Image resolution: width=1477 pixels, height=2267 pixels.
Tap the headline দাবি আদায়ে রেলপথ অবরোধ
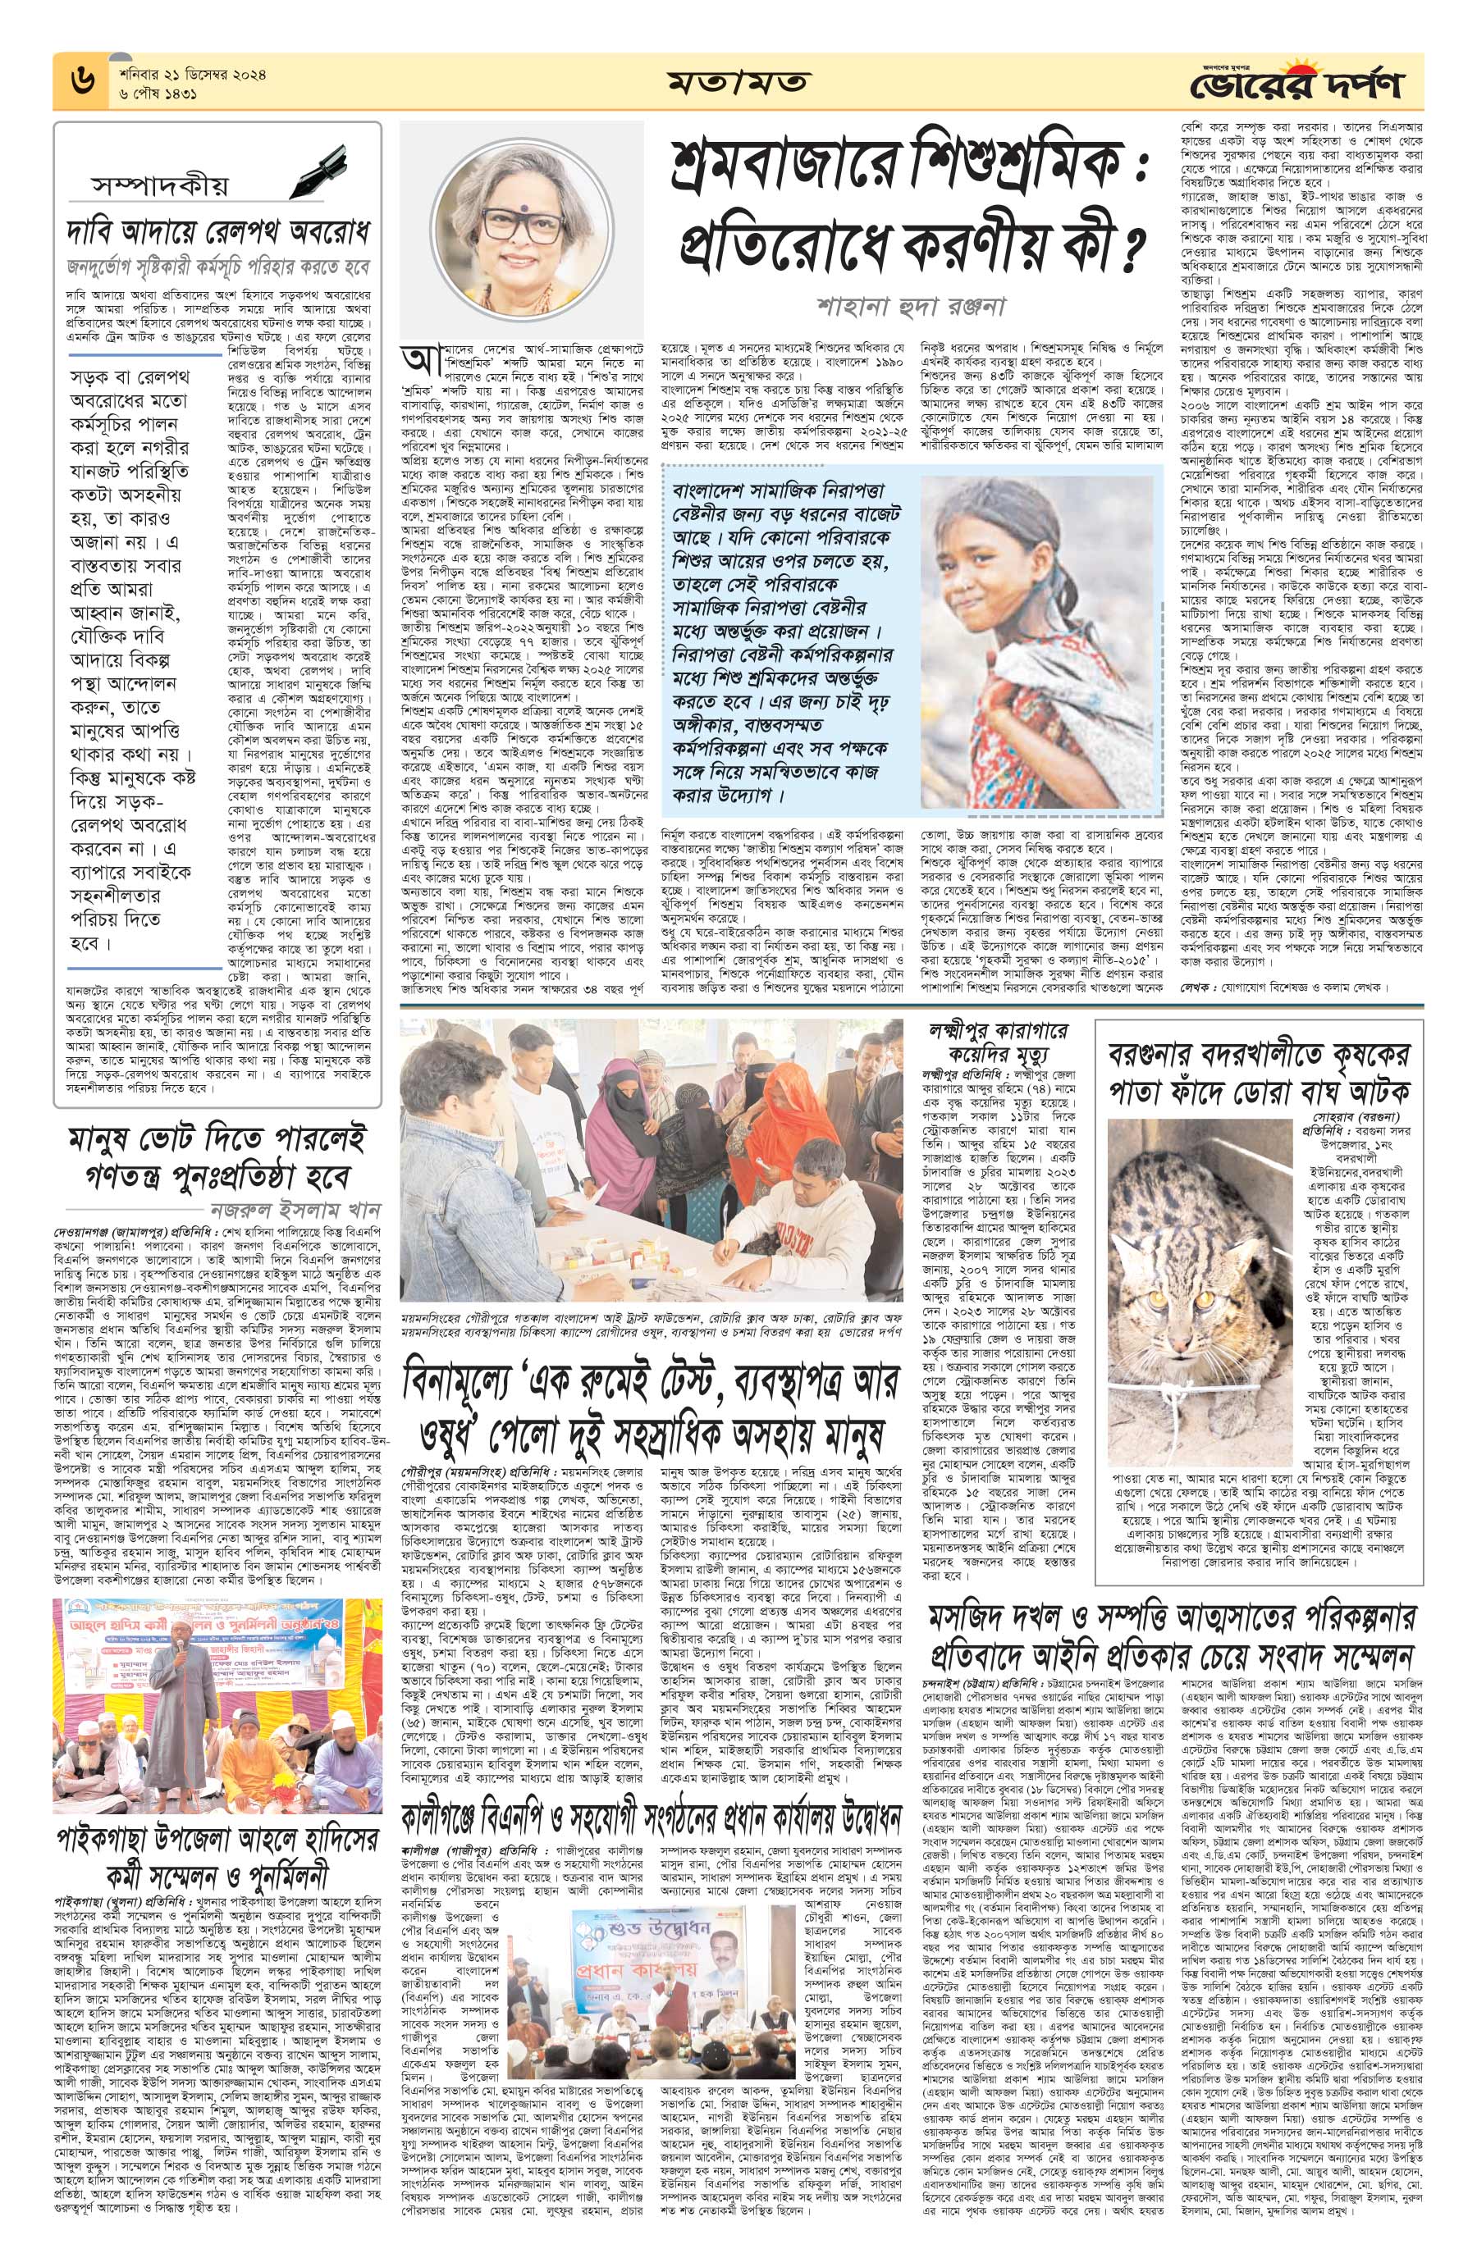point(218,232)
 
